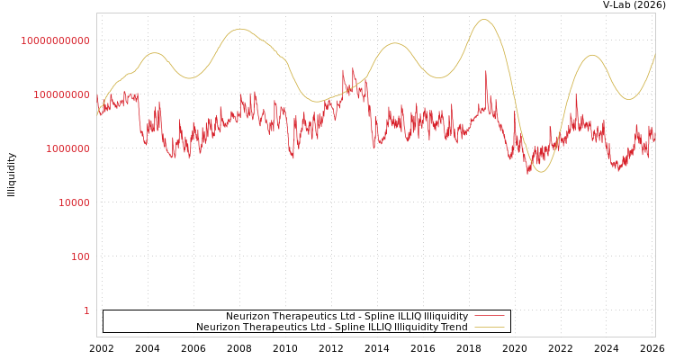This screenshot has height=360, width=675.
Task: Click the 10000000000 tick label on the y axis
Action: pos(56,40)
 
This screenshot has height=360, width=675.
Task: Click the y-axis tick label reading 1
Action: pos(86,310)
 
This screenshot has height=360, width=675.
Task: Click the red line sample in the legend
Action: pos(489,317)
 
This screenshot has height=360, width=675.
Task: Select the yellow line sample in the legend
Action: pos(489,328)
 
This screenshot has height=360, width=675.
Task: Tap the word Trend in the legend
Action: pos(453,328)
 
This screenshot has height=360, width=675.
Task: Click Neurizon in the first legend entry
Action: pos(247,317)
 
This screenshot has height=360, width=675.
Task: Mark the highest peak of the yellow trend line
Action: pos(484,20)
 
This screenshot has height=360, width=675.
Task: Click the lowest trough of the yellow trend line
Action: pos(540,171)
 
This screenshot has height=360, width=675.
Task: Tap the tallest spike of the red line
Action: pos(486,71)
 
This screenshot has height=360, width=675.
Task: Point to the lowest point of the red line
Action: pos(529,173)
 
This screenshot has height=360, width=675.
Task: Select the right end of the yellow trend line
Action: pos(654,54)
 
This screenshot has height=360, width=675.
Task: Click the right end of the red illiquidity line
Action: pos(654,139)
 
